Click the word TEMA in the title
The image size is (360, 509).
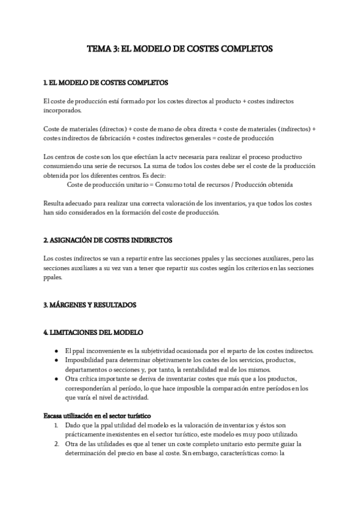(x=97, y=49)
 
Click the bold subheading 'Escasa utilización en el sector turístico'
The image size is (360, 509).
(x=97, y=415)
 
